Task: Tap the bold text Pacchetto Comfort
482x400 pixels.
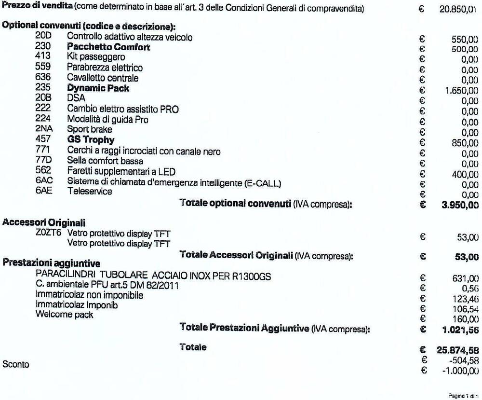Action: [x=108, y=47]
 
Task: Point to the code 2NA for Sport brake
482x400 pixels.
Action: [x=43, y=129]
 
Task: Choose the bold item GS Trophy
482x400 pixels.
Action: [x=91, y=140]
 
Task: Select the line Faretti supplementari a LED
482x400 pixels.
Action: [x=121, y=171]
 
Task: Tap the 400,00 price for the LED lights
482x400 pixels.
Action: [x=465, y=175]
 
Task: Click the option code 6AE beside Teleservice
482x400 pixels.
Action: [x=43, y=192]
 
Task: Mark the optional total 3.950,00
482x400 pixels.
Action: [x=460, y=205]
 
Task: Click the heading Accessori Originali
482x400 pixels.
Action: [x=44, y=222]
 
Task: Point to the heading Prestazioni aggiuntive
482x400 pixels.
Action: [x=52, y=263]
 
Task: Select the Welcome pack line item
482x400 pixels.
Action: [x=65, y=315]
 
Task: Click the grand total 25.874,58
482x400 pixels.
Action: [x=457, y=349]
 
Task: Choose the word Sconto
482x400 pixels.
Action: [x=15, y=364]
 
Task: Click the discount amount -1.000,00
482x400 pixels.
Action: [x=460, y=371]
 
